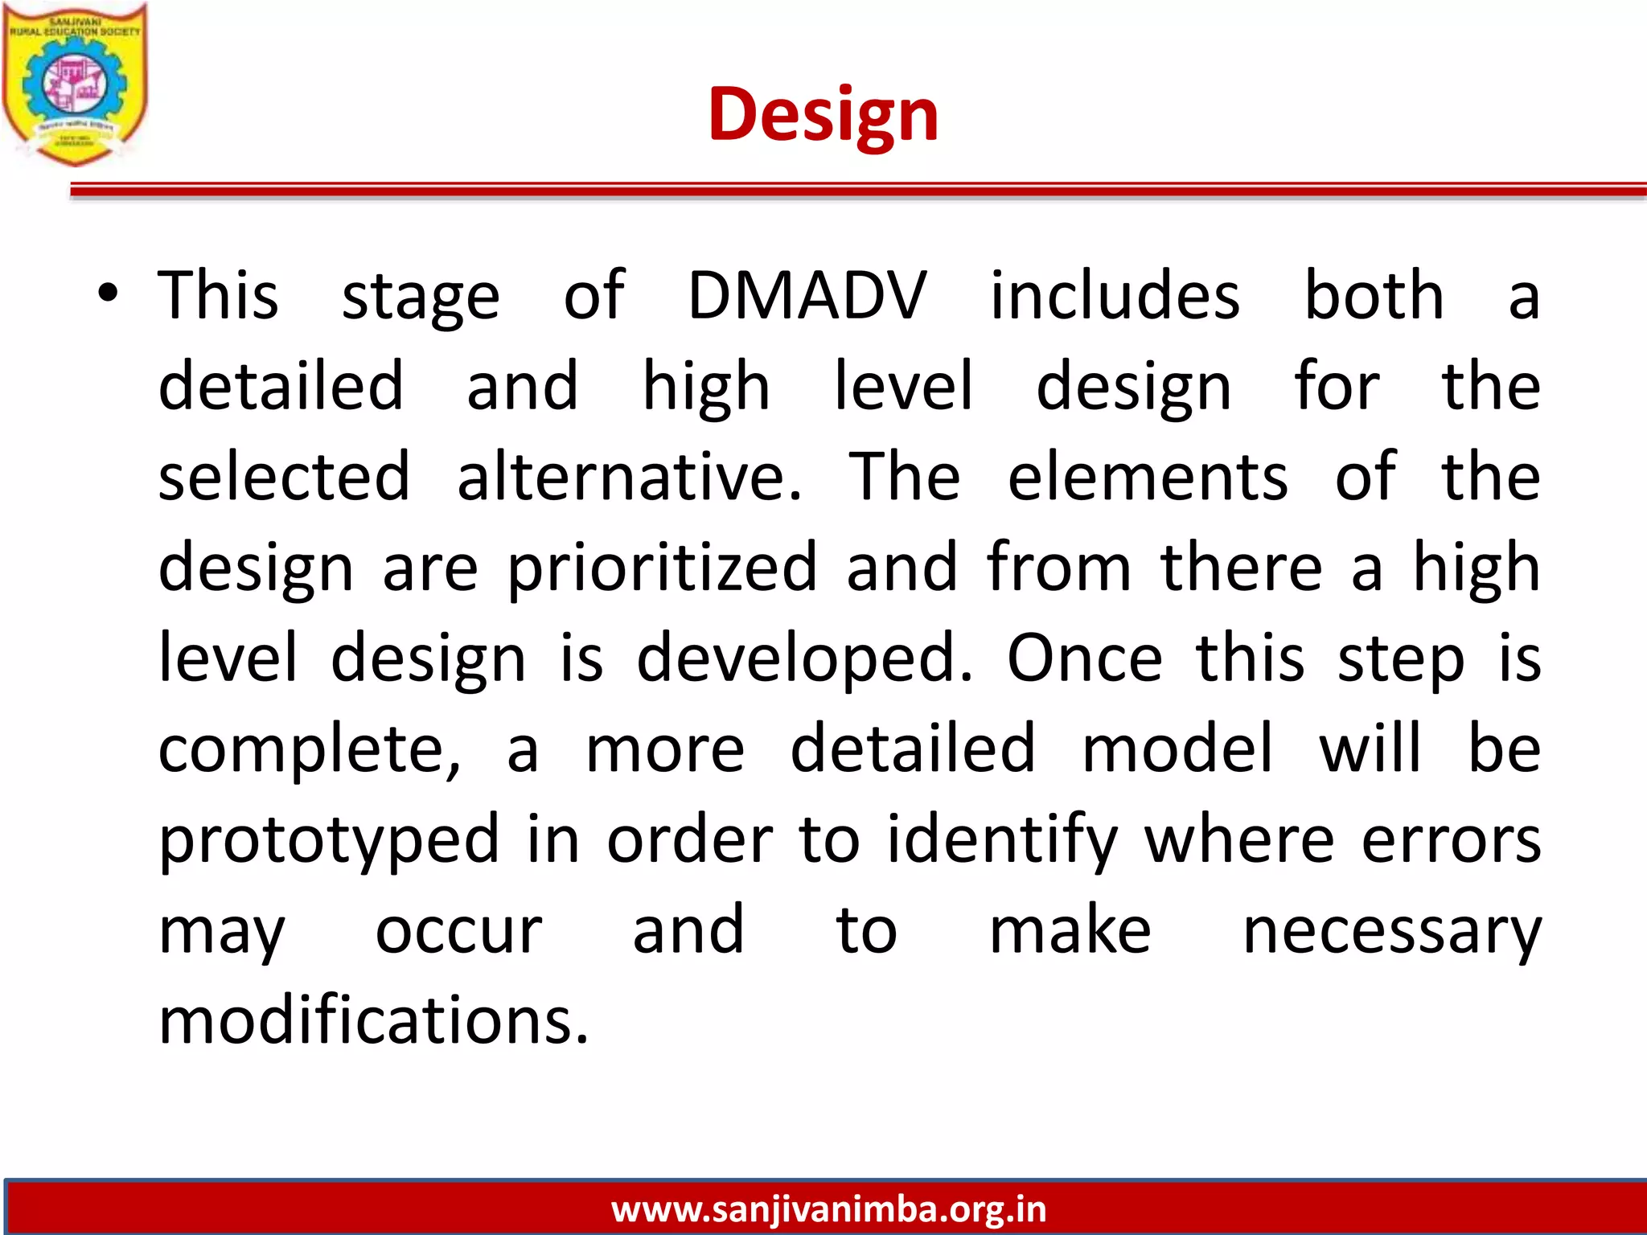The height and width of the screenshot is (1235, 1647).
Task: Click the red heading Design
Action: click(823, 115)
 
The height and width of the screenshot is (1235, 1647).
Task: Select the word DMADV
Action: click(807, 296)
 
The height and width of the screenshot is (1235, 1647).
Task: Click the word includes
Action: click(1115, 296)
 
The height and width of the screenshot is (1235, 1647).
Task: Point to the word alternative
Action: click(629, 478)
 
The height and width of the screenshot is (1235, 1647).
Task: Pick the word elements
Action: click(1148, 478)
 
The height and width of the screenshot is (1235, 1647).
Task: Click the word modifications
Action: click(374, 1021)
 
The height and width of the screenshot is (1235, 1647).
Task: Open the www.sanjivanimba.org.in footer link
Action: click(828, 1209)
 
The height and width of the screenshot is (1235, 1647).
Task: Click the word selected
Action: click(284, 478)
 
